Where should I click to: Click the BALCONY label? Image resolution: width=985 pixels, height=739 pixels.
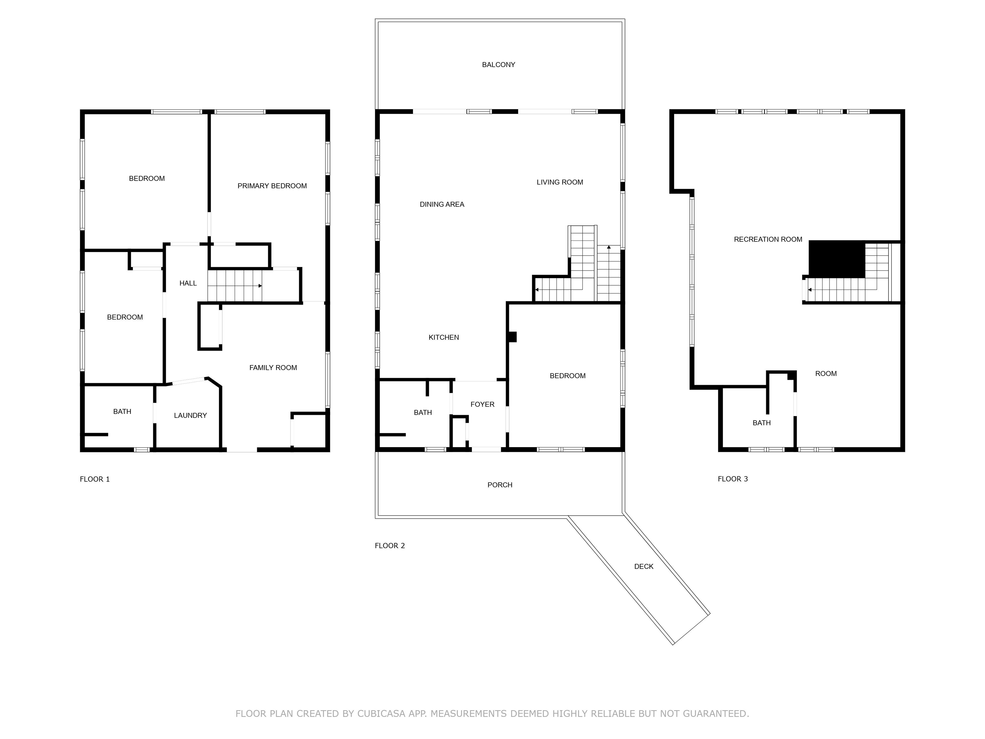point(498,64)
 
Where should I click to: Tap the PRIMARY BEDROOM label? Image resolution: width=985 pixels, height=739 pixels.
point(272,186)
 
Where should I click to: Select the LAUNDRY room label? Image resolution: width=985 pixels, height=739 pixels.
point(190,415)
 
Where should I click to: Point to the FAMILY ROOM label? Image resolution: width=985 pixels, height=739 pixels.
point(273,368)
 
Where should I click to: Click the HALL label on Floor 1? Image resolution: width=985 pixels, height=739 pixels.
point(188,283)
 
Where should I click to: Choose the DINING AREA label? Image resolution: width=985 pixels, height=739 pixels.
point(442,204)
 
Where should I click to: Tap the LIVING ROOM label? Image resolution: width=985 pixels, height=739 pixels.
point(560,182)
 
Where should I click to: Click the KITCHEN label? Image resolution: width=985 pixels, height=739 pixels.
point(443,337)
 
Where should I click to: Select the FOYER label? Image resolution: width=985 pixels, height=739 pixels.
point(482,404)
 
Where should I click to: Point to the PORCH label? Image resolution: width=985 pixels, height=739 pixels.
point(500,485)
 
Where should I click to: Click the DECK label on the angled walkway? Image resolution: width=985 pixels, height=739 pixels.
point(644,566)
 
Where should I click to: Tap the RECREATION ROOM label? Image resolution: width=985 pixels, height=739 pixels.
point(768,239)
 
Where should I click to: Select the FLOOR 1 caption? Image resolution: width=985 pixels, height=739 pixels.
point(94,479)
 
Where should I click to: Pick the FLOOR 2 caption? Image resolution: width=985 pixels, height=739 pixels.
point(390,546)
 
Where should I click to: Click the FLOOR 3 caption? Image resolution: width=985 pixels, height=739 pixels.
point(733,479)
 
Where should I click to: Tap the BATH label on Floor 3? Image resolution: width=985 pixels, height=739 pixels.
point(762,423)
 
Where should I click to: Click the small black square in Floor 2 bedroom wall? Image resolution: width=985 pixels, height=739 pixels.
point(512,337)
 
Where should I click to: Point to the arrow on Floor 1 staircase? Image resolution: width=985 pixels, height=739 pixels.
point(239,285)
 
